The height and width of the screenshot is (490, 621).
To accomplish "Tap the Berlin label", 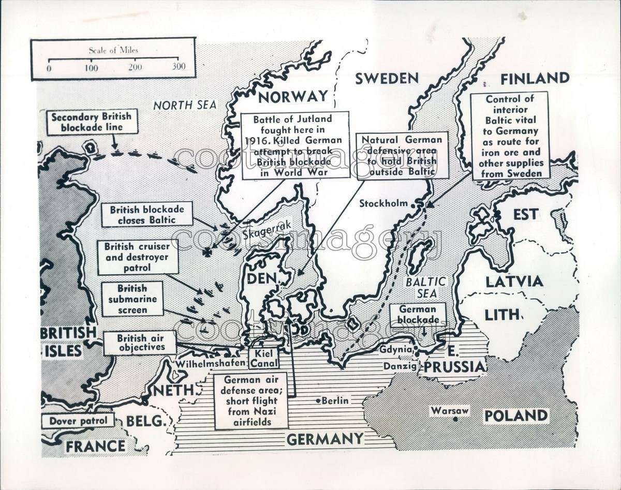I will [x=335, y=400].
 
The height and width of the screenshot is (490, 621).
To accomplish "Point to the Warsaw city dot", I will [x=455, y=418].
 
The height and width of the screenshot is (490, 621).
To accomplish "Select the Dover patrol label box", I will [x=79, y=421].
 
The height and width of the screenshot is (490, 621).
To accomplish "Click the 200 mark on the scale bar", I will [x=136, y=67].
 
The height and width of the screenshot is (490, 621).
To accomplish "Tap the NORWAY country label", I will [x=293, y=96].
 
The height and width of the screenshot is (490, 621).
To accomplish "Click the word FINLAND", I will [x=535, y=79].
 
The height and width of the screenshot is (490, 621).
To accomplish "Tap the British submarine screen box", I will [x=132, y=299].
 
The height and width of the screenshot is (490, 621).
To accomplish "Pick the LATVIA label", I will [x=514, y=281].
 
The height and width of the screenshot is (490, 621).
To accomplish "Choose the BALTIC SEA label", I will [x=425, y=287].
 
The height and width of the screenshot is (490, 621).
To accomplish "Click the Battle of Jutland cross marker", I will [x=208, y=253].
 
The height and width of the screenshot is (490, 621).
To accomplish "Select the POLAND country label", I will [x=515, y=415].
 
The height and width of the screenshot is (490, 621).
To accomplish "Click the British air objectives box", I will [x=139, y=343].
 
